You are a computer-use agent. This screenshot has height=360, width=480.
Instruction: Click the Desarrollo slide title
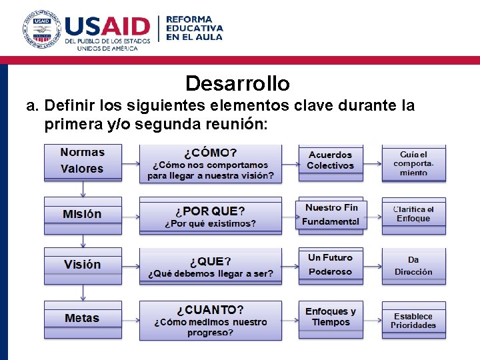237,84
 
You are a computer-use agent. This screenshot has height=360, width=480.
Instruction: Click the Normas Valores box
83,161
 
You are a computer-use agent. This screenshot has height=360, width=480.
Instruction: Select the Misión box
83,214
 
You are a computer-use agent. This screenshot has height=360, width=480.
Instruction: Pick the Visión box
83,265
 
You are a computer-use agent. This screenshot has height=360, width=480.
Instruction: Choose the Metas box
83,318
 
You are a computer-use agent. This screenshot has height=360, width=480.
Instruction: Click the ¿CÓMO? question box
211,163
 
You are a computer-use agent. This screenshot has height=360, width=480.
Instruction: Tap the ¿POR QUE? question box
211,216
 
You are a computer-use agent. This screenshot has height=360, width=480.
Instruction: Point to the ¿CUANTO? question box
211,320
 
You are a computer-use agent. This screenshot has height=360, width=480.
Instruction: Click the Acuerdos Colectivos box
331,161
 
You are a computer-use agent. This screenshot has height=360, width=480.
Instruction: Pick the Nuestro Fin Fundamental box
331,214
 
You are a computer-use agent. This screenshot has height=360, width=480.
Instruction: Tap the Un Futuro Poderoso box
331,265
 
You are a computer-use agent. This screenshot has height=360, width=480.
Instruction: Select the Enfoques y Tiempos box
331,317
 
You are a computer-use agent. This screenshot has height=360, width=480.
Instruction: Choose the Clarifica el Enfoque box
413,215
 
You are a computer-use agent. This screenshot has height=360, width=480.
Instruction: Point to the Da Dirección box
413,265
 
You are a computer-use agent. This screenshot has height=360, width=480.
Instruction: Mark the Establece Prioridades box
413,321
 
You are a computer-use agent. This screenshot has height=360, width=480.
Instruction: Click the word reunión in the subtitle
233,124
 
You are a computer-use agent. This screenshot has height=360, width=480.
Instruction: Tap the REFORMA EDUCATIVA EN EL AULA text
194,28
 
